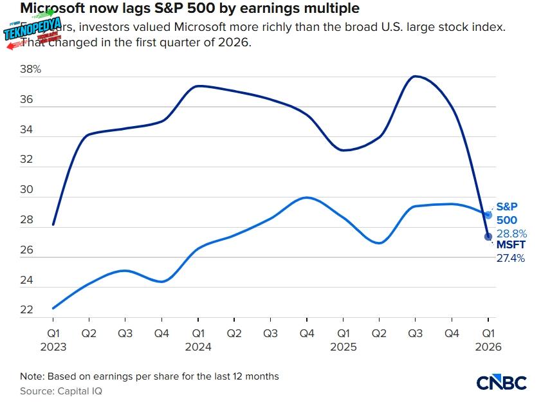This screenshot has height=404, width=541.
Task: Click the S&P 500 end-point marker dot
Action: click(488, 215)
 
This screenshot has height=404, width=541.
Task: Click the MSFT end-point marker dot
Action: click(488, 236)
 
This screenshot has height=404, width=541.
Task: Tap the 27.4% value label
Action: click(510, 259)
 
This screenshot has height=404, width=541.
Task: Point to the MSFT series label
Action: click(510, 246)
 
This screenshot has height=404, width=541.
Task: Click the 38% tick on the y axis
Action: click(30, 69)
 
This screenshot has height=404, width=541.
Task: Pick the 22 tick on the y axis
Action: click(26, 310)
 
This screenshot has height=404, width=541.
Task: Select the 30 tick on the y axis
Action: click(26, 190)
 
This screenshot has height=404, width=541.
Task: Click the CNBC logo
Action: click(501, 383)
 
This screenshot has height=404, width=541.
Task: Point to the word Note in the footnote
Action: click(32, 376)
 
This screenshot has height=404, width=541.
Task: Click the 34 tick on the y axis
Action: click(26, 130)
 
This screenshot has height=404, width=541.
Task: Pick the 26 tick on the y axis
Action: click(26, 250)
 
